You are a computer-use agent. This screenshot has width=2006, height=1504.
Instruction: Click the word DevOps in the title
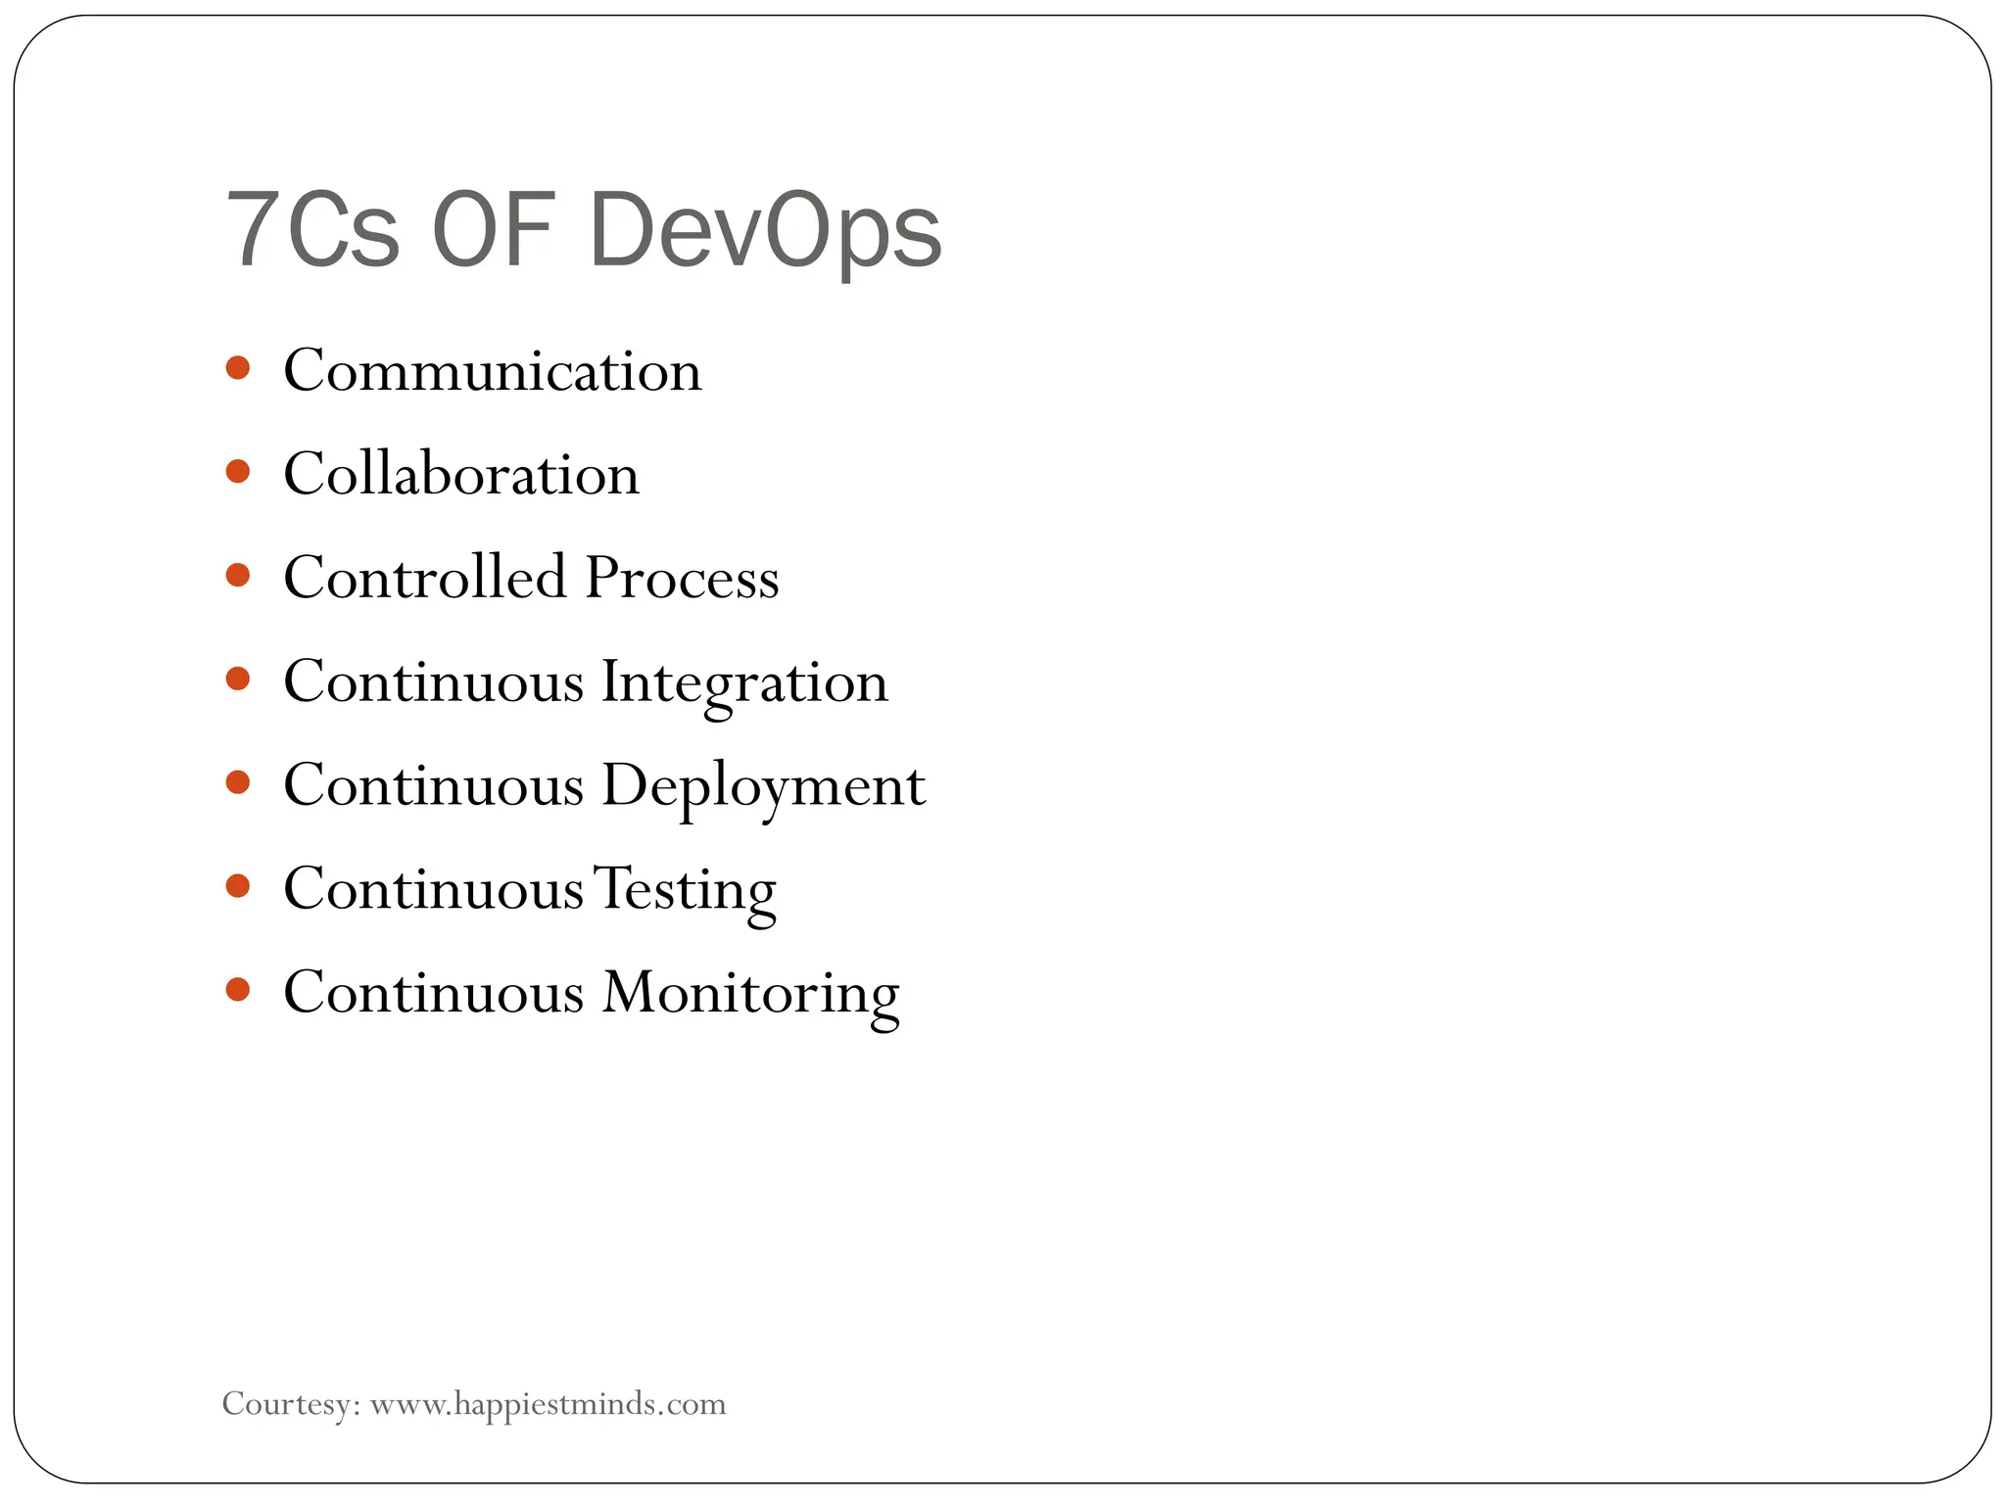(765, 231)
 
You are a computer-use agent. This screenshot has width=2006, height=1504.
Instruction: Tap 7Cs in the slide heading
(312, 231)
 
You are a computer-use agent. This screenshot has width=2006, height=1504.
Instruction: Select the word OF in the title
(494, 231)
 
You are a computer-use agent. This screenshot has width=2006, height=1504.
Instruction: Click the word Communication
(493, 371)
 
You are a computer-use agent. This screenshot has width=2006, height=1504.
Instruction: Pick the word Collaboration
(461, 475)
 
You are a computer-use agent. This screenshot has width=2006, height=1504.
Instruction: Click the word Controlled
(425, 577)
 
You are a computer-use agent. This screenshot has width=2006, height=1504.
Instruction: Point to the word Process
(683, 578)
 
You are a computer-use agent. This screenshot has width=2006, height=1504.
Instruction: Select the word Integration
(744, 682)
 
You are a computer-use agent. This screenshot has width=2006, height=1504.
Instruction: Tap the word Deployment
(763, 786)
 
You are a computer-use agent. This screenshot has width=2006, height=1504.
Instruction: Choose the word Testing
(685, 890)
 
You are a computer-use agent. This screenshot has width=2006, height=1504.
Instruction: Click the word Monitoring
(750, 994)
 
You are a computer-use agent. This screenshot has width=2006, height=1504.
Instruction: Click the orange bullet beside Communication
(238, 368)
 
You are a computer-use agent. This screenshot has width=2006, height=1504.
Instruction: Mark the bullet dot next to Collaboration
(238, 472)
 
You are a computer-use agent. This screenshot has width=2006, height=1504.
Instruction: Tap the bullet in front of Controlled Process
(238, 575)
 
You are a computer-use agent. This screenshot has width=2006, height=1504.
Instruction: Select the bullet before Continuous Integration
(238, 679)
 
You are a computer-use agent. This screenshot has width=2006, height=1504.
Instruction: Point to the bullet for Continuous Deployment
(238, 782)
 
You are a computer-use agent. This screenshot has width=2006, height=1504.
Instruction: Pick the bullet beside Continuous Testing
(238, 886)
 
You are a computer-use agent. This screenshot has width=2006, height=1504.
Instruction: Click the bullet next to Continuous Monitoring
(238, 989)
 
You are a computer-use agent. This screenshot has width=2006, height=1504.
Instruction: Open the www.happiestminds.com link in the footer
(548, 1404)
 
